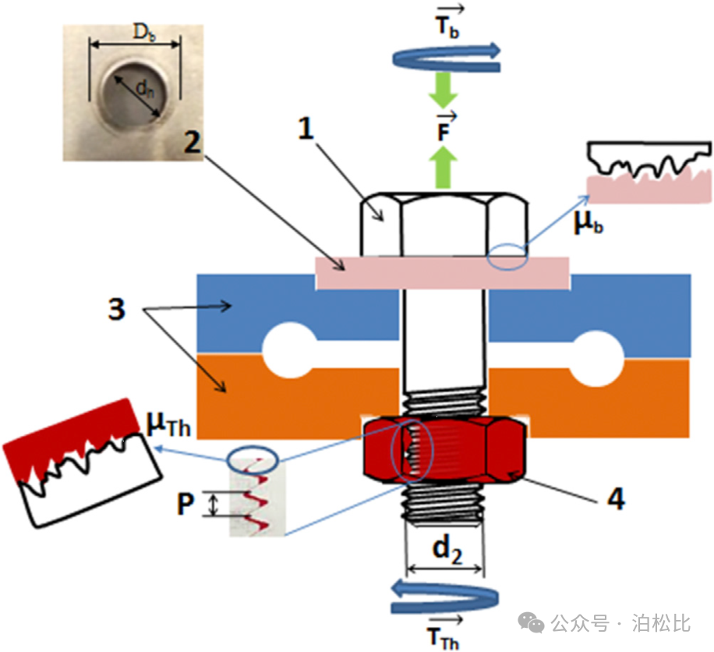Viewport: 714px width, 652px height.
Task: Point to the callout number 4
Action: click(615, 498)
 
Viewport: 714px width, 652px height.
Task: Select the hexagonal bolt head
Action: click(444, 226)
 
